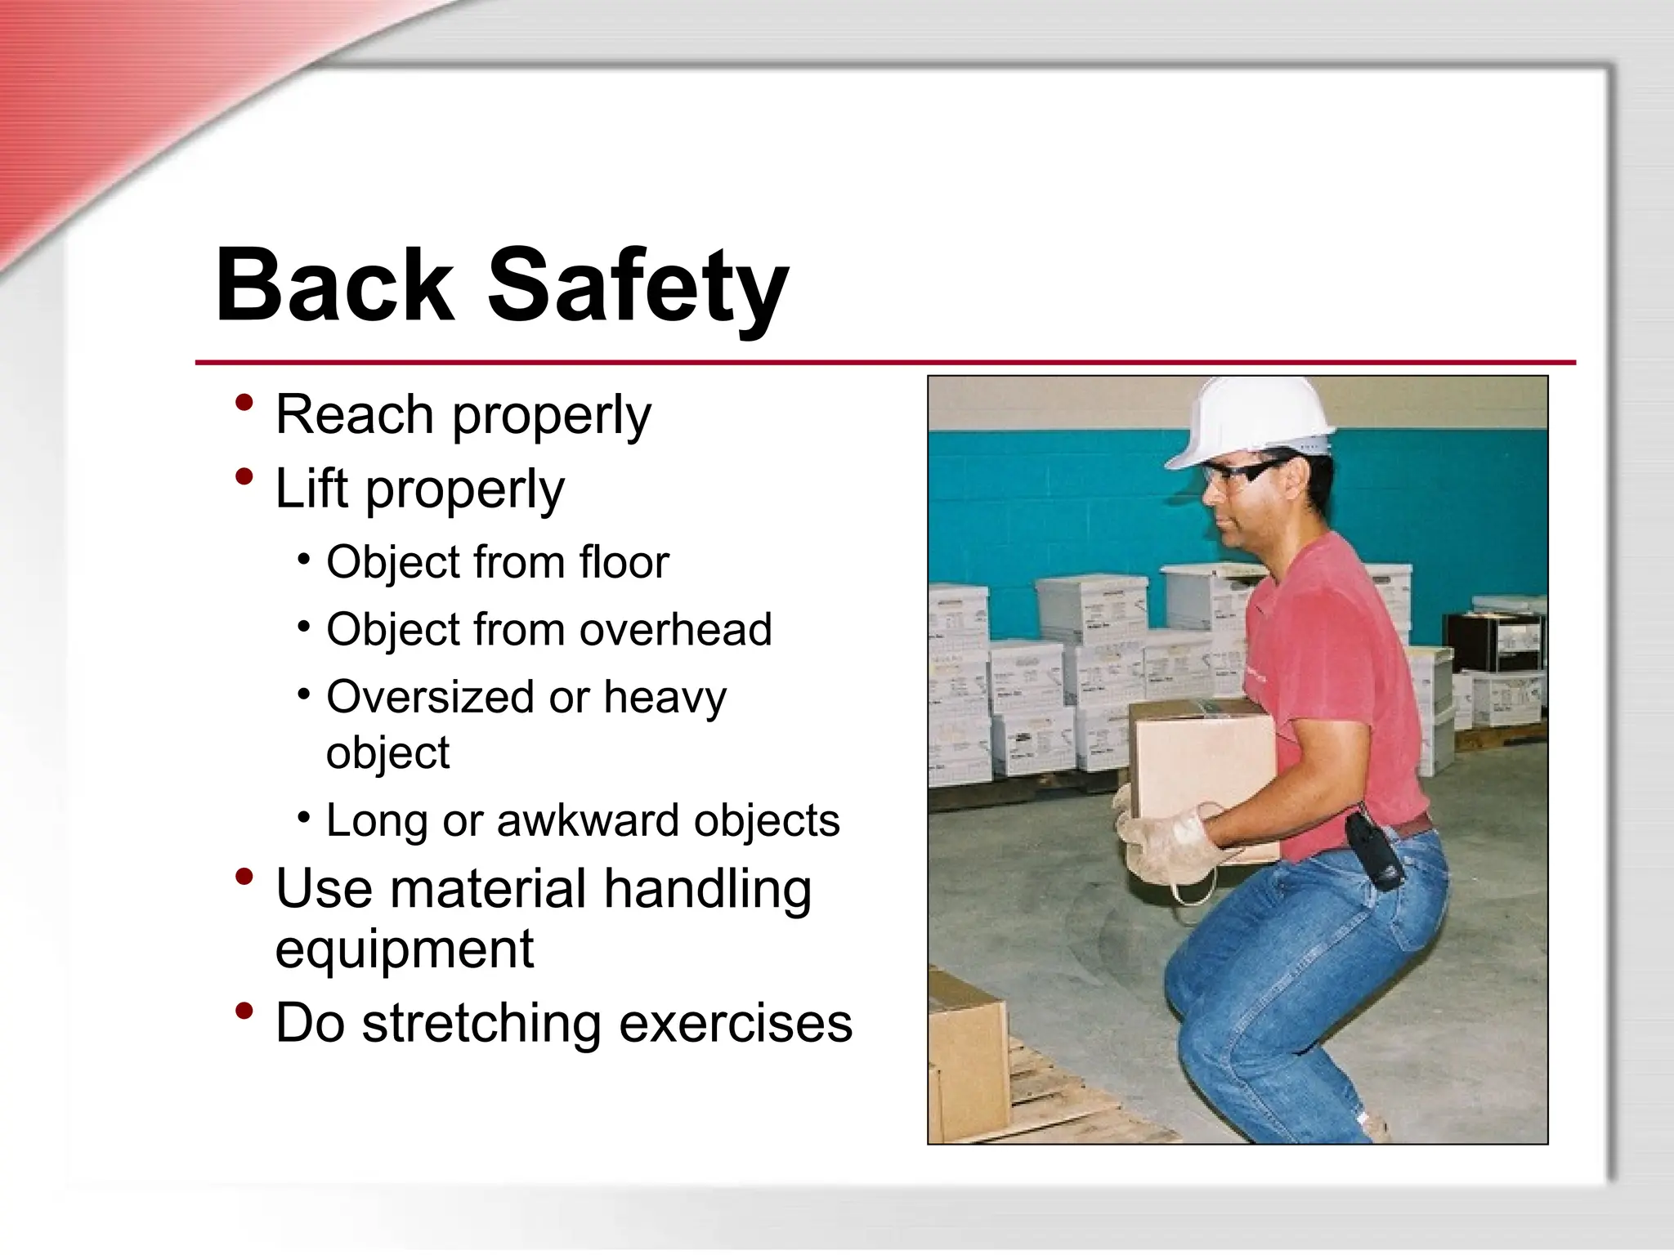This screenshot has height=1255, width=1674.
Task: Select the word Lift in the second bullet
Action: (312, 488)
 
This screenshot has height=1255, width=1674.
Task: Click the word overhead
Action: (675, 629)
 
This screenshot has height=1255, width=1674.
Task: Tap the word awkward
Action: (587, 820)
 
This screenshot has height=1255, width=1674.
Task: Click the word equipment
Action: (405, 949)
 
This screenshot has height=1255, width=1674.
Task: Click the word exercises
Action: (735, 1023)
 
